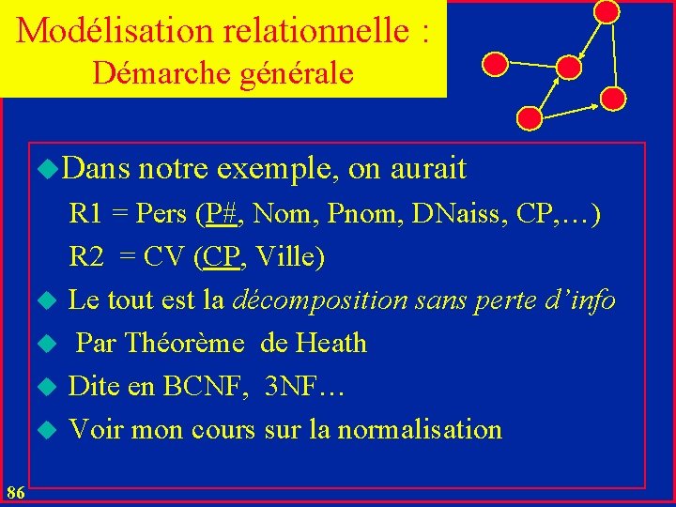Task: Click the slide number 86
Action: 15,492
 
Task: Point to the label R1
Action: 85,214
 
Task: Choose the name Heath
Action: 330,344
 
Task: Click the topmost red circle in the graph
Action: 607,11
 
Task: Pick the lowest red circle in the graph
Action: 530,118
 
